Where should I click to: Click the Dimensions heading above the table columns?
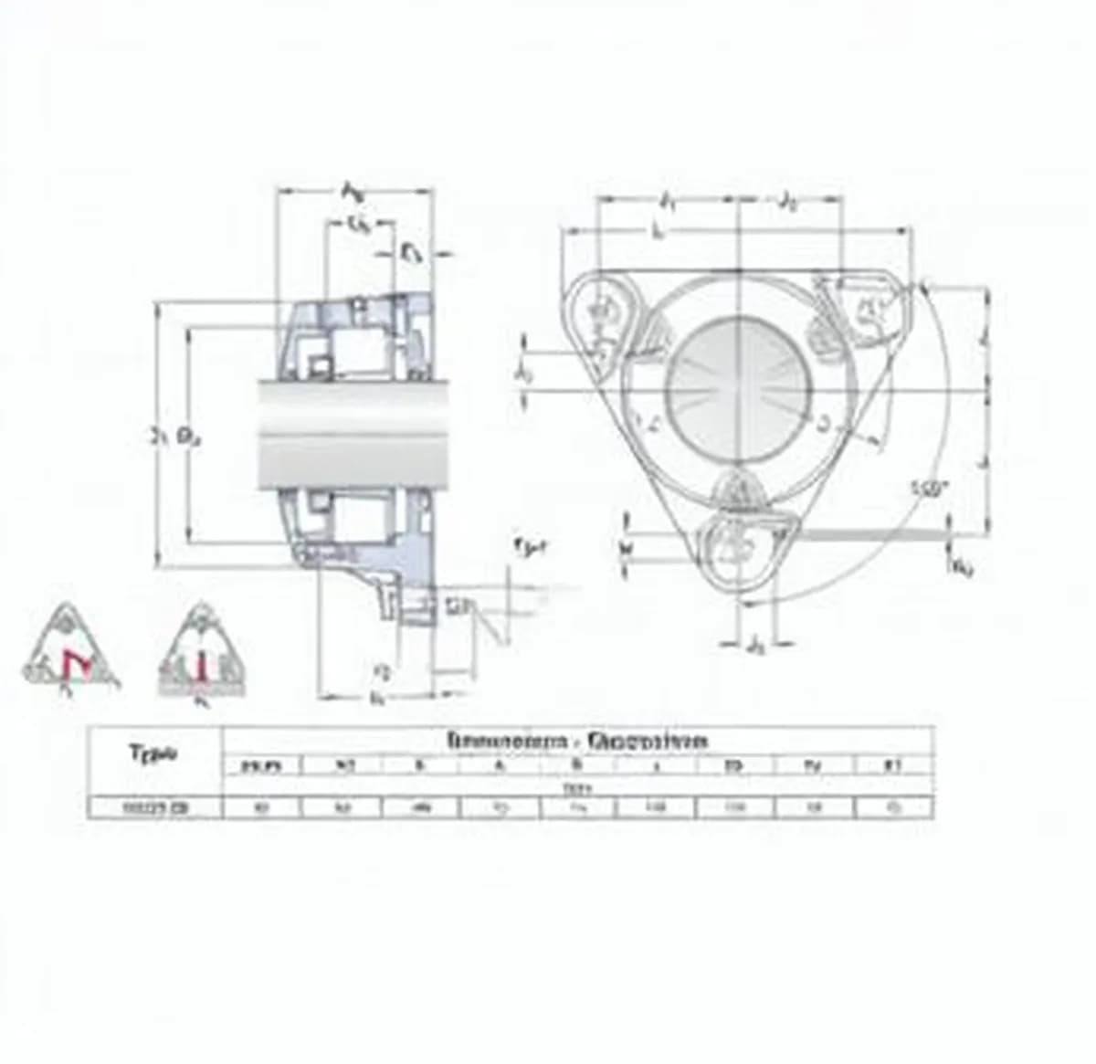(577, 740)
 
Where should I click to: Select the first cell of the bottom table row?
(154, 807)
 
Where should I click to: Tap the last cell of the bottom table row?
(893, 807)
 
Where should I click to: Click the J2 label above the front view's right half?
(786, 202)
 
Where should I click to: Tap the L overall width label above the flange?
(659, 232)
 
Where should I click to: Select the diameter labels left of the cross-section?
(175, 437)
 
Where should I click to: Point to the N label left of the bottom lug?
(627, 546)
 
